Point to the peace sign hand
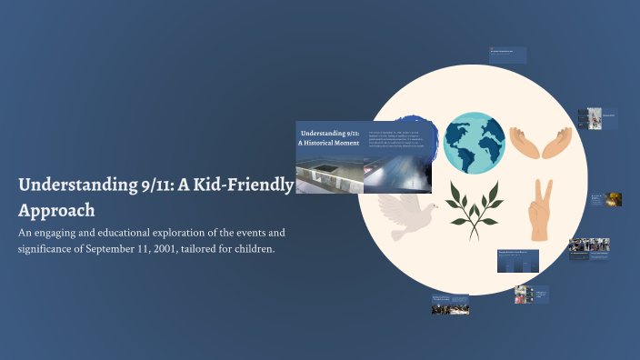[541, 210]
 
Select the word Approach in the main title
[56, 210]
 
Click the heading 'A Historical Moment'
[325, 144]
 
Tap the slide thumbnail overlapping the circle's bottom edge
[518, 260]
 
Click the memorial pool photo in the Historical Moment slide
[330, 174]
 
